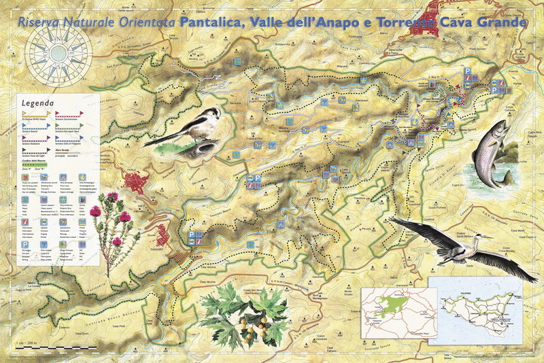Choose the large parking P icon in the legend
tap(25, 244)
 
